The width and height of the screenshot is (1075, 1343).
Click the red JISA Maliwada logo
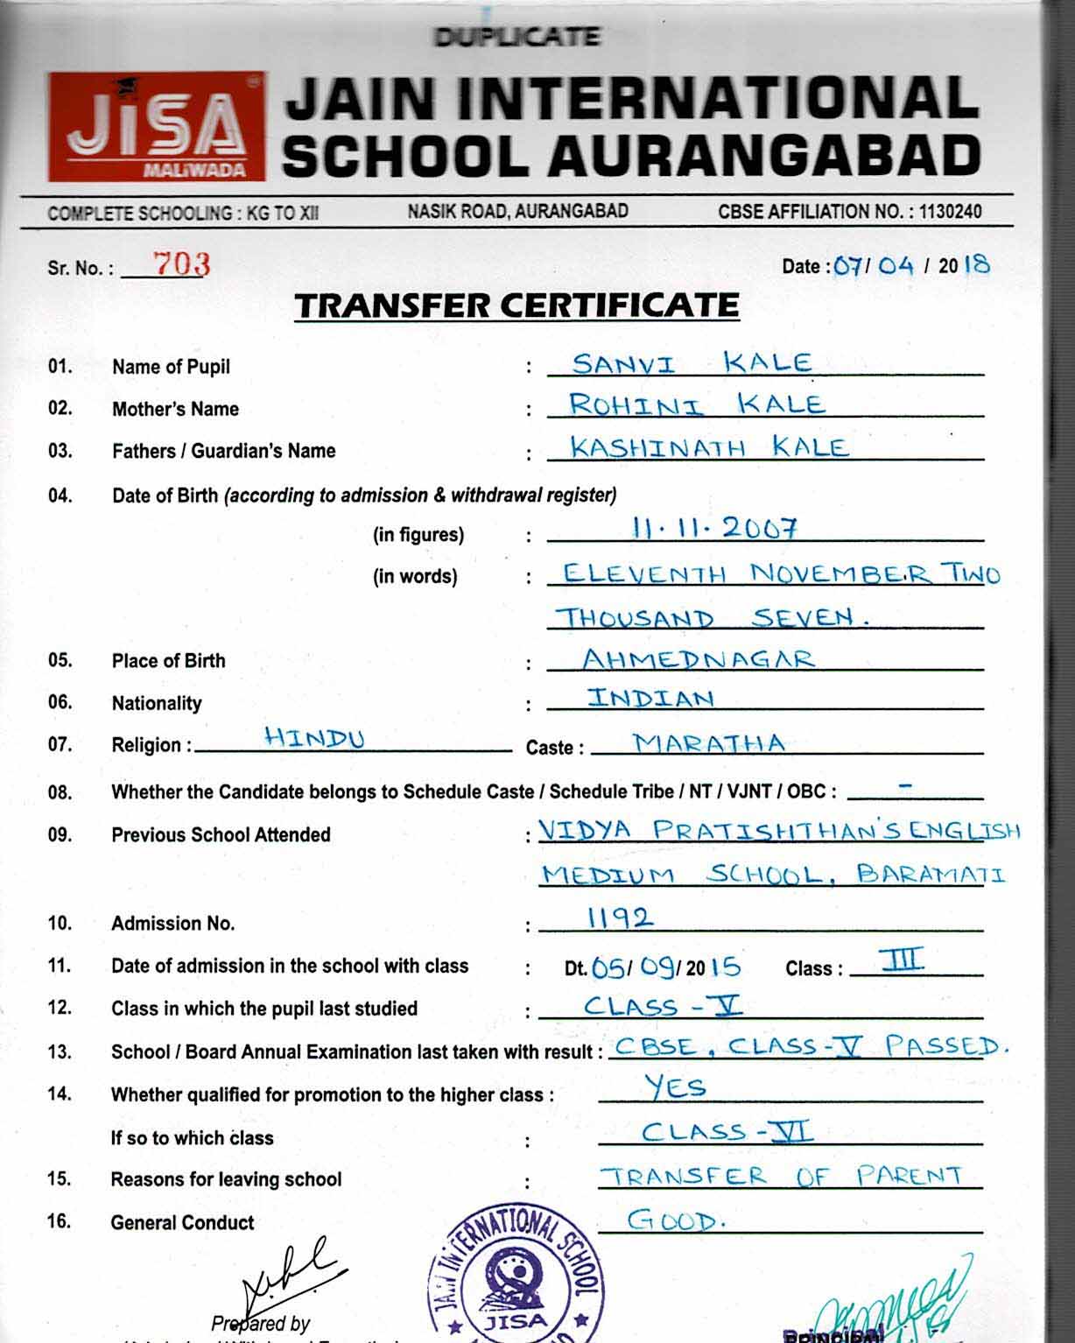tap(157, 127)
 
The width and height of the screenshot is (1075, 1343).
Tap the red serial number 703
tap(181, 263)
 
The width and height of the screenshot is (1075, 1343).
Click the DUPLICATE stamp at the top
tap(516, 37)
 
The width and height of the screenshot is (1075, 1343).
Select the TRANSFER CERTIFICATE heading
tap(516, 306)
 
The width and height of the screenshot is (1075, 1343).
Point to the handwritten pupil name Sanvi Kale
tap(692, 362)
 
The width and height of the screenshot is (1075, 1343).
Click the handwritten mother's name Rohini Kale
tap(696, 404)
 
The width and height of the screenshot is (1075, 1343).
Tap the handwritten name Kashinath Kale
tap(709, 447)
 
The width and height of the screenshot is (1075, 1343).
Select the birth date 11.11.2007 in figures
tap(714, 527)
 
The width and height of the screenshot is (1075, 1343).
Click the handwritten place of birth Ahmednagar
tap(699, 658)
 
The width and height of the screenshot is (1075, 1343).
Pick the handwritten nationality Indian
tap(650, 698)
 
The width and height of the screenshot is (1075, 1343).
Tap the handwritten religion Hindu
tap(315, 739)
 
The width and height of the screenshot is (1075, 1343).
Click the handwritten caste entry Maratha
tap(709, 743)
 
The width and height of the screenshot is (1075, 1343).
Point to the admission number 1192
tap(619, 917)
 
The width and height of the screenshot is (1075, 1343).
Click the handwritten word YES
tap(675, 1086)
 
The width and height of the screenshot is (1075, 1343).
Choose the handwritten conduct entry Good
tap(676, 1220)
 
